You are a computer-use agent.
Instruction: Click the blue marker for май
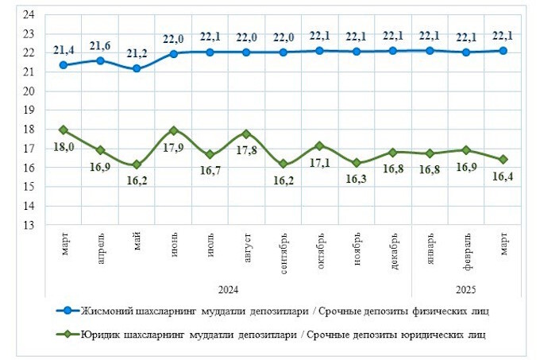click(x=137, y=68)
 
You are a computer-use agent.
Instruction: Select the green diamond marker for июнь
click(x=173, y=130)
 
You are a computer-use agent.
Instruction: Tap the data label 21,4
click(x=64, y=50)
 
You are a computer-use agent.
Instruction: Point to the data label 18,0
click(x=64, y=145)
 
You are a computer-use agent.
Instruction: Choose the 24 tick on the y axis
click(x=29, y=15)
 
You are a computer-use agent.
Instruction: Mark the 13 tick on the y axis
click(x=29, y=225)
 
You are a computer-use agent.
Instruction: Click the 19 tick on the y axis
click(x=29, y=110)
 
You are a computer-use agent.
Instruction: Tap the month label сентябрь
click(x=284, y=254)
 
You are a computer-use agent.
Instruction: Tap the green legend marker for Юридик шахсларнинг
click(x=69, y=335)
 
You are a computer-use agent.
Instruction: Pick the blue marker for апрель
click(x=100, y=60)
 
